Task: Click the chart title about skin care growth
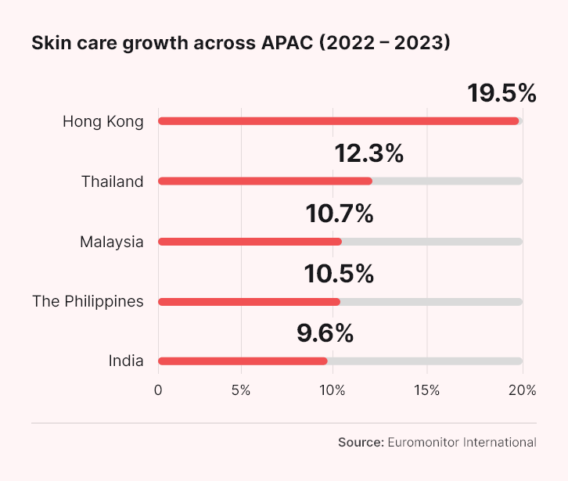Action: click(x=240, y=44)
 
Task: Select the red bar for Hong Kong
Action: click(x=338, y=121)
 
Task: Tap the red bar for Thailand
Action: click(x=264, y=181)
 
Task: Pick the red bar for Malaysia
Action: click(x=250, y=242)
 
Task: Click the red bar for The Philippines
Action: click(x=249, y=302)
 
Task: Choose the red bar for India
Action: click(x=243, y=361)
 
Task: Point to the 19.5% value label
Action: click(x=501, y=93)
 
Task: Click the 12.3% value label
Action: click(x=368, y=153)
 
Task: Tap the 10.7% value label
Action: click(x=339, y=213)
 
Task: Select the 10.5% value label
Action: click(x=339, y=273)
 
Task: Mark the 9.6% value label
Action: click(x=325, y=333)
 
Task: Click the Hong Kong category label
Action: click(x=102, y=121)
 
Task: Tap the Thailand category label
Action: click(x=112, y=181)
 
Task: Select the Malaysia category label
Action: click(x=111, y=242)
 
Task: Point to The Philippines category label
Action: click(x=88, y=302)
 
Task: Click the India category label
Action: click(x=126, y=361)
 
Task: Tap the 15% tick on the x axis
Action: click(x=427, y=390)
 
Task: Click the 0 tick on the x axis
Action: click(x=159, y=390)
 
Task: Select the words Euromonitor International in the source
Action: click(x=462, y=442)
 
